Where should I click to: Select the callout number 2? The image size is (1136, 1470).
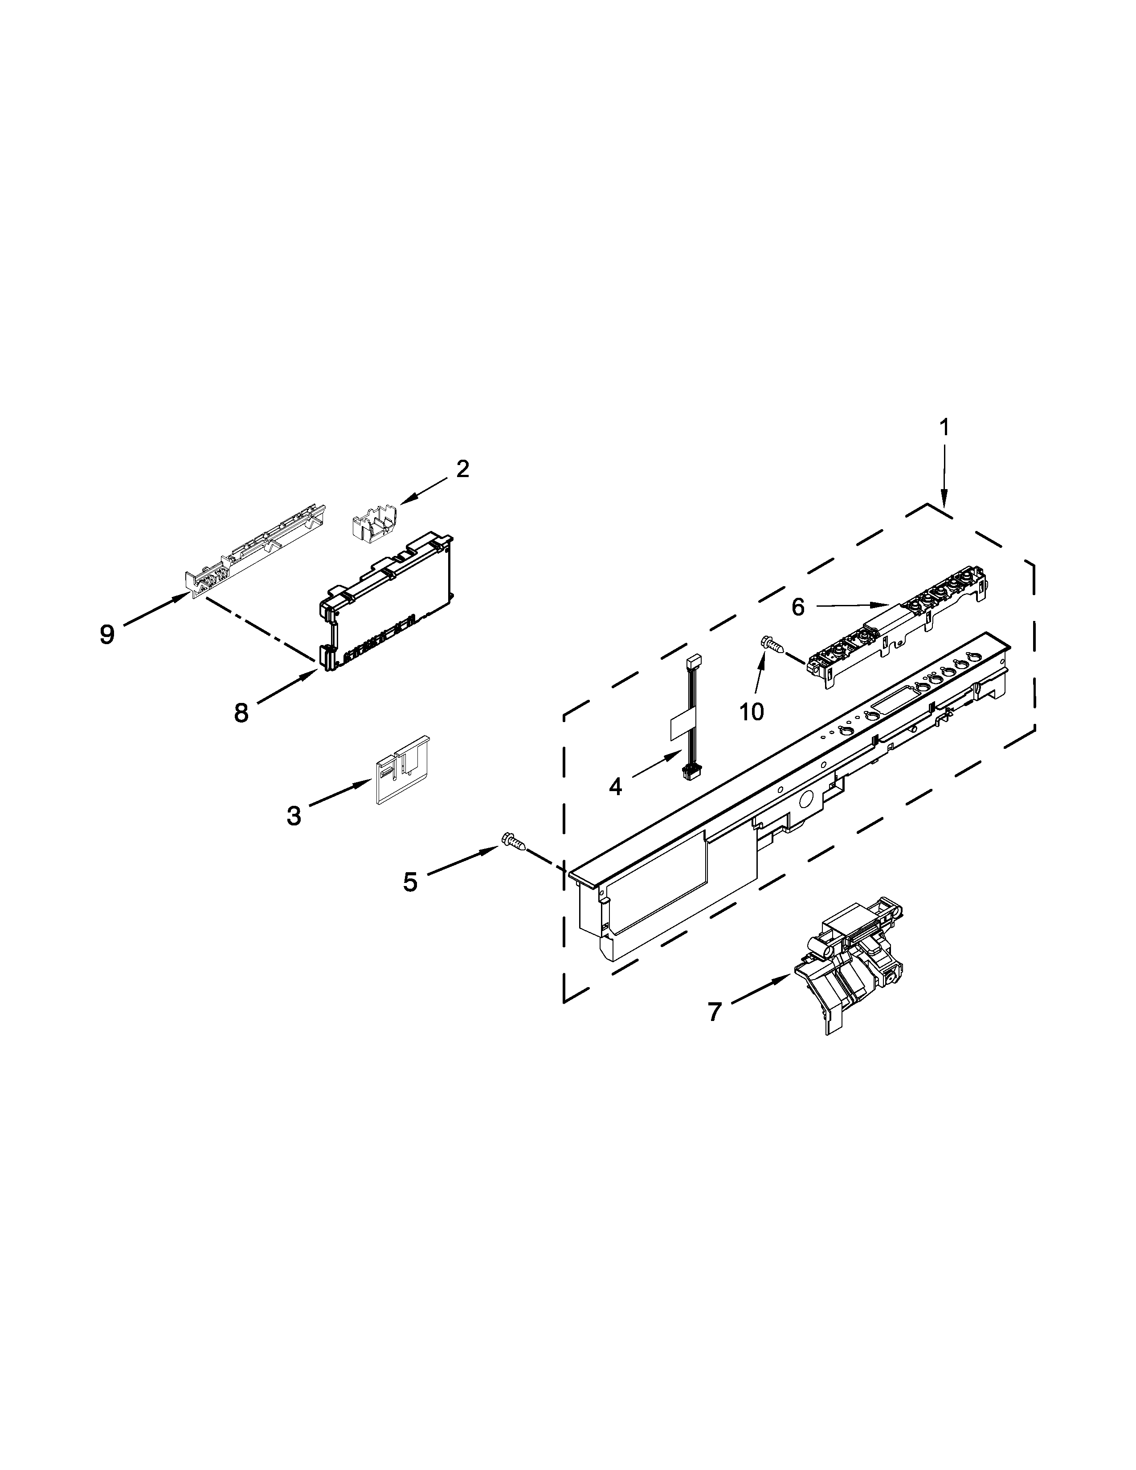click(462, 469)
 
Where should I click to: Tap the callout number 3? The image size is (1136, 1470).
click(294, 816)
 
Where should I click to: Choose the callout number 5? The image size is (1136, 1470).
click(410, 882)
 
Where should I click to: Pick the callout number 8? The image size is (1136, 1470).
click(241, 712)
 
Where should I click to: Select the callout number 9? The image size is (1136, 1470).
click(107, 634)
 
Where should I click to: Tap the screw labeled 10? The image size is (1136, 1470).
click(772, 645)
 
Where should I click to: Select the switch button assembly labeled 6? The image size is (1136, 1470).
click(902, 616)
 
